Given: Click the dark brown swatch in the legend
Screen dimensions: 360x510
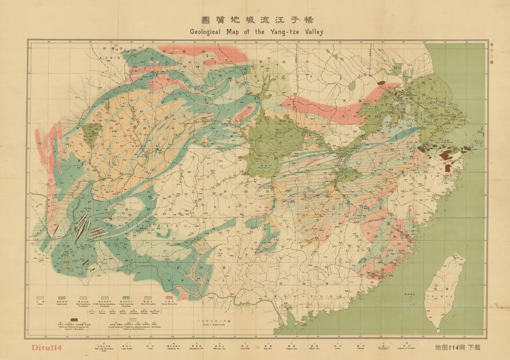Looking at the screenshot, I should tap(74, 319).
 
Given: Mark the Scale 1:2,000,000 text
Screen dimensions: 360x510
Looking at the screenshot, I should tap(208, 324).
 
